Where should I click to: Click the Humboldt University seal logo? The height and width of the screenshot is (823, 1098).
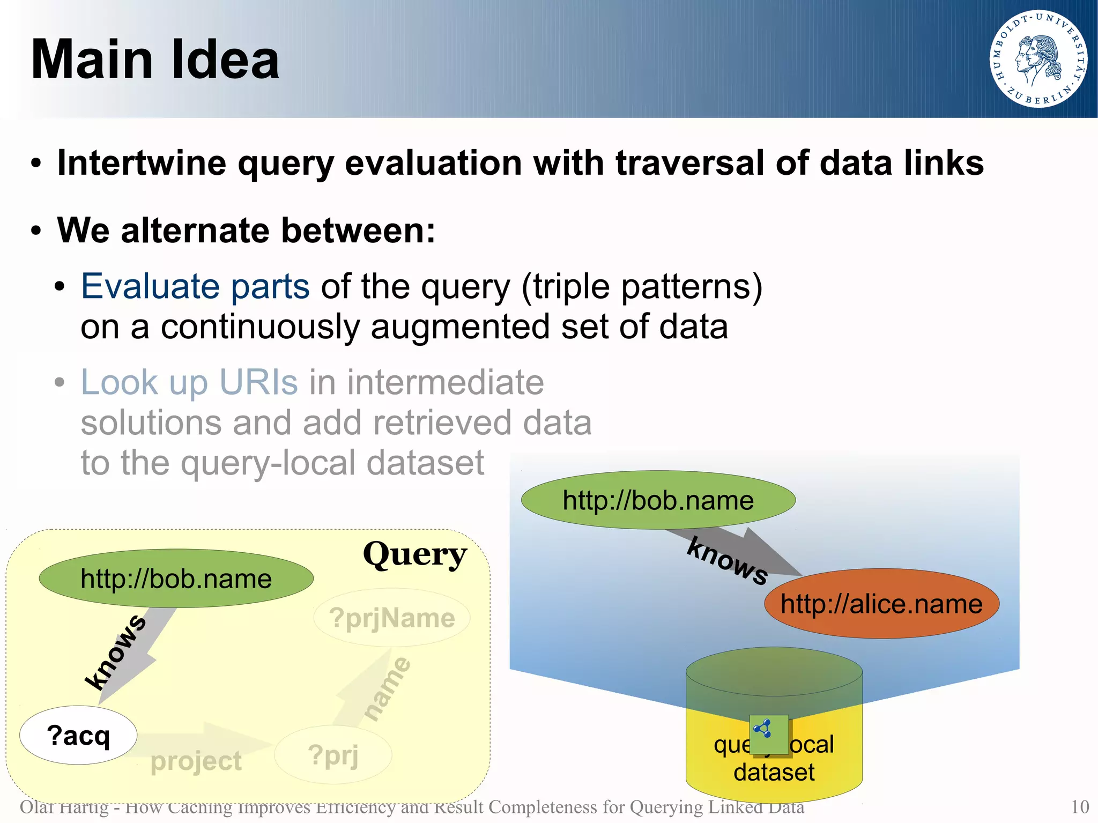(1038, 59)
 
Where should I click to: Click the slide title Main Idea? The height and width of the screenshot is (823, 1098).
(155, 60)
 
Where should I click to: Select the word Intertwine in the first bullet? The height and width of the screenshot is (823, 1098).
(142, 163)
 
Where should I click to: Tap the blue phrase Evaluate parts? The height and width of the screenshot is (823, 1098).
(195, 286)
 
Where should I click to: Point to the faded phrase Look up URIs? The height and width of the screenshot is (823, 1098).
(189, 383)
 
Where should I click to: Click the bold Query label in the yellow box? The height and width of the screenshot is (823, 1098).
(414, 554)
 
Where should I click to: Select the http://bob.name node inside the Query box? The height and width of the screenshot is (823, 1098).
(176, 579)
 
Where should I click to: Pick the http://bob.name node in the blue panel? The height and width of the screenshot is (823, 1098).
(658, 500)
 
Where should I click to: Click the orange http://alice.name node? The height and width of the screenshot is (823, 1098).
(881, 604)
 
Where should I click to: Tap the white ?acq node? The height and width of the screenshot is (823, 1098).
(78, 735)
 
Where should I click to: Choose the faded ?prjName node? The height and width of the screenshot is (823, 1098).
(392, 618)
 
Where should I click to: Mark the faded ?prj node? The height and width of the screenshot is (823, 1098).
(333, 755)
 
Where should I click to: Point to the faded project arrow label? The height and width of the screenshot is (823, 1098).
(196, 760)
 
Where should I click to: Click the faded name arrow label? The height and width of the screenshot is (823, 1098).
(387, 689)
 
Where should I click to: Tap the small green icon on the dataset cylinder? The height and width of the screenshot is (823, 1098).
(769, 735)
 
